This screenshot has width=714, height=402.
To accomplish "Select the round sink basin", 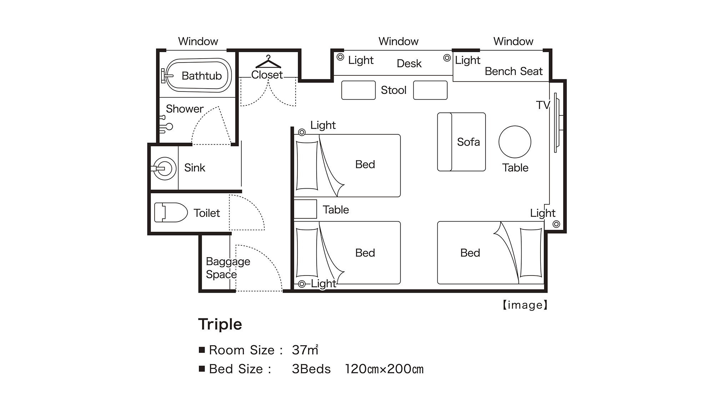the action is [x=165, y=168].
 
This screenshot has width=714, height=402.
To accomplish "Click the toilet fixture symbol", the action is [x=171, y=212].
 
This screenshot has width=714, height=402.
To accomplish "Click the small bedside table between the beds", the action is [x=305, y=209].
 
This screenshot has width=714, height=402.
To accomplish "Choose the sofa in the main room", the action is [x=461, y=142].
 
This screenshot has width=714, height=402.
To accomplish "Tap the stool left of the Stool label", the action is [x=358, y=90].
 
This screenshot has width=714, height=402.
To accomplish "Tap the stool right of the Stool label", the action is [x=430, y=90].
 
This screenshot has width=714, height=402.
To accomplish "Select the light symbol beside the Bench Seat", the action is [x=447, y=58].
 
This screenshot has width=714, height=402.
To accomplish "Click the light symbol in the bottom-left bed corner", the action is [x=302, y=284].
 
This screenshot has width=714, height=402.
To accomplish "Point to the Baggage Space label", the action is [x=228, y=268].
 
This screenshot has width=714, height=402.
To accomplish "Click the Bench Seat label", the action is [x=513, y=71].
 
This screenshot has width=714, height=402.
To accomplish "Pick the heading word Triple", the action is [x=220, y=324].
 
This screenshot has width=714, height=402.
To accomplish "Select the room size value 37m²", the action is [x=305, y=350].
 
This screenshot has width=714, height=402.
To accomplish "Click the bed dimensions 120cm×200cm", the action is [x=384, y=369].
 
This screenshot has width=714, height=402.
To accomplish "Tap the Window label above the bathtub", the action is [x=198, y=41].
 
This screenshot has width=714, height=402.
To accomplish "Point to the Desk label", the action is [x=409, y=63].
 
